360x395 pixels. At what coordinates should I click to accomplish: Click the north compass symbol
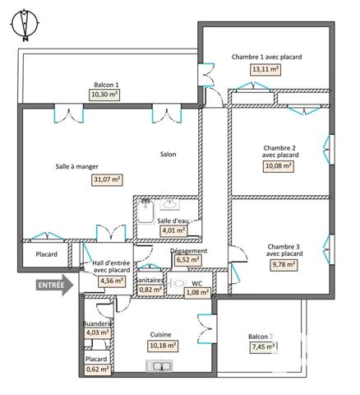coord(25,24)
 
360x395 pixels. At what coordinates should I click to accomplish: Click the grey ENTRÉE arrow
coord(55,285)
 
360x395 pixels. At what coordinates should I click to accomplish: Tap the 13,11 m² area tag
coord(266,70)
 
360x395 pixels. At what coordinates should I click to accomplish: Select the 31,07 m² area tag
coord(108,179)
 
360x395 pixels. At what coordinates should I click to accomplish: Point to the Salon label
coord(168,154)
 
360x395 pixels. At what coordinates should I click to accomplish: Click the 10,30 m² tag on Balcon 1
coord(104,95)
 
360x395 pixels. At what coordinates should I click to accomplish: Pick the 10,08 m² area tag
coord(279,165)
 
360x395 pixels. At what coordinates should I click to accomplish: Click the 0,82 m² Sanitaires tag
coord(150,290)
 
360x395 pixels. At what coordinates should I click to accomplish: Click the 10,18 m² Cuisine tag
coord(162,346)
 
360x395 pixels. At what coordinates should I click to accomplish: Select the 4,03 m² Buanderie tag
coord(97,333)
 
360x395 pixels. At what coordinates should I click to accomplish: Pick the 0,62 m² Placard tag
coord(97,370)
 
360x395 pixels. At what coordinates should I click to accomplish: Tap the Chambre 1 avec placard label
coord(266,57)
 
